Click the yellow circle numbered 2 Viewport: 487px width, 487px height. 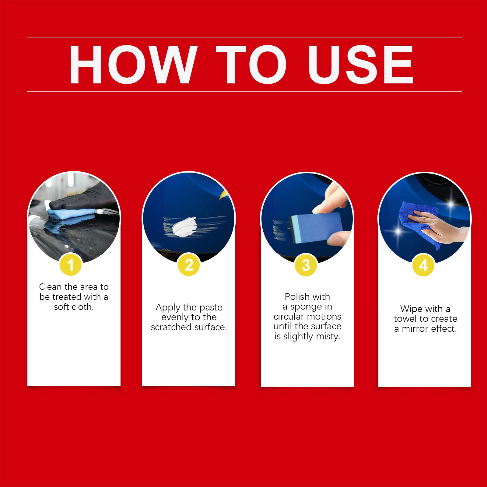point(189,265)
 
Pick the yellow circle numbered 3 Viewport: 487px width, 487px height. point(306,265)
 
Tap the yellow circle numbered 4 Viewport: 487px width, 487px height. point(423,265)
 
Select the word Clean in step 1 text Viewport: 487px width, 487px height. point(51,287)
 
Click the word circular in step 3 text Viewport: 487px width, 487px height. point(289,317)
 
